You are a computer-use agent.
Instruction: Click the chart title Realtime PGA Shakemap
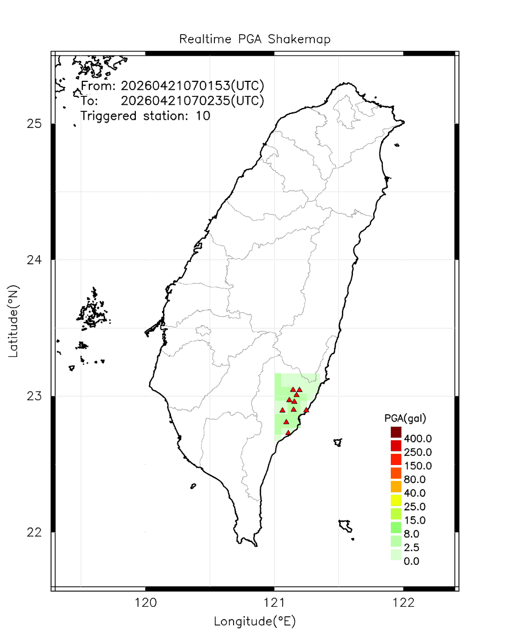(x=254, y=40)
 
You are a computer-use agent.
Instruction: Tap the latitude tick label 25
(x=34, y=124)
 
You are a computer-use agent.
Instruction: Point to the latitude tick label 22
(x=34, y=532)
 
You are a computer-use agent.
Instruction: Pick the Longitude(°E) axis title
(x=254, y=622)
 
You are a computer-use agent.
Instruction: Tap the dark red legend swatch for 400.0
(x=396, y=432)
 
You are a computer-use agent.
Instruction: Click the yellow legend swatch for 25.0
(x=396, y=500)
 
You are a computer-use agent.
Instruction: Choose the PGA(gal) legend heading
(x=405, y=417)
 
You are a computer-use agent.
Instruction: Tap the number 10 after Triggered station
(x=204, y=116)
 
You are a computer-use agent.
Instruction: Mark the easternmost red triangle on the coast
(x=306, y=410)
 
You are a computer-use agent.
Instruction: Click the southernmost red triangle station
(x=288, y=433)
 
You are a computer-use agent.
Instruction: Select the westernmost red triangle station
(x=282, y=410)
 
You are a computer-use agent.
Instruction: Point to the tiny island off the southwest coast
(x=193, y=486)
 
